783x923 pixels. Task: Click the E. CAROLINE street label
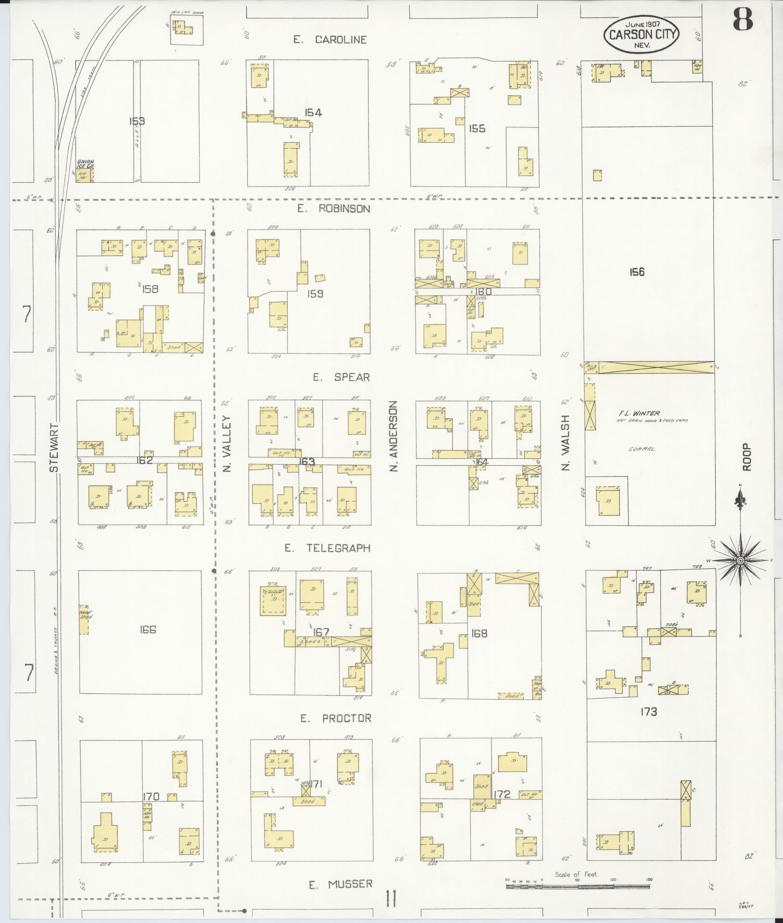click(x=330, y=40)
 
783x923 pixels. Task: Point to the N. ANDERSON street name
click(x=394, y=436)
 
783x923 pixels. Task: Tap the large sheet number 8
click(x=742, y=20)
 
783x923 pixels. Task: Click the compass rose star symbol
click(x=740, y=561)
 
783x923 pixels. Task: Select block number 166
click(x=148, y=630)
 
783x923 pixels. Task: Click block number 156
click(x=637, y=272)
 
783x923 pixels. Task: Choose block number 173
click(x=648, y=711)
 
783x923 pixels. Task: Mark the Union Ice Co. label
click(x=85, y=164)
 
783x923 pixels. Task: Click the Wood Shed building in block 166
click(x=84, y=619)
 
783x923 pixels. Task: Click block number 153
click(x=137, y=121)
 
